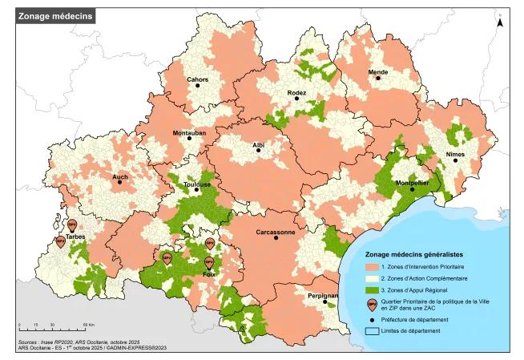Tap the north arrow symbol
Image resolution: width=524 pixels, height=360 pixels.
(x=500, y=22)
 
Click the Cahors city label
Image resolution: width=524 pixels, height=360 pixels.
(x=197, y=79)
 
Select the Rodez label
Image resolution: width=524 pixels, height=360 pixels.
(x=296, y=93)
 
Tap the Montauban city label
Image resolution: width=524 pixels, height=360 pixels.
(x=189, y=132)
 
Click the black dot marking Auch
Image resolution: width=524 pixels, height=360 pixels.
(x=120, y=182)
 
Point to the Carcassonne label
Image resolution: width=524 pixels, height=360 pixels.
(x=275, y=233)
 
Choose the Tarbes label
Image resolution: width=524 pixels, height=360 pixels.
(x=77, y=237)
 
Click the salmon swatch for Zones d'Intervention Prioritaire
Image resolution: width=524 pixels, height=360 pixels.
(x=373, y=266)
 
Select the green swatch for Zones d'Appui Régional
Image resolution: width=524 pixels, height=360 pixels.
(x=373, y=289)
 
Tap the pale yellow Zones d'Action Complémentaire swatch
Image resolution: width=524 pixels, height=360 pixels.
(x=373, y=277)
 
